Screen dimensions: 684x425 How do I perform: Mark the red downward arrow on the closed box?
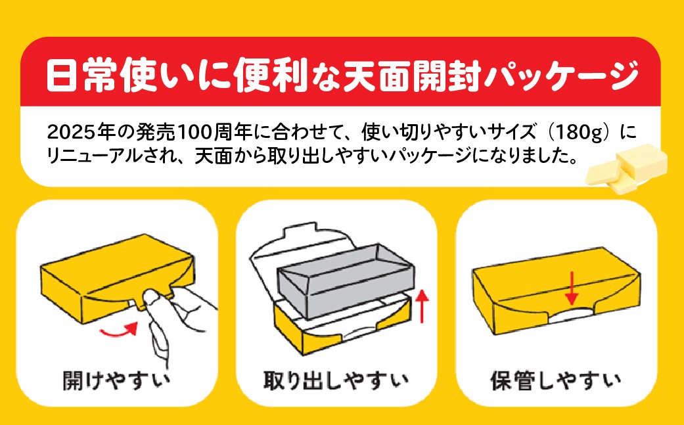pyautogui.click(x=572, y=288)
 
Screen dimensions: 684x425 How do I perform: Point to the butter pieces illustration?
pyautogui.click(x=626, y=168)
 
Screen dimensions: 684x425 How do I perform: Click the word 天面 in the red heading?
pyautogui.click(x=378, y=76)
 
